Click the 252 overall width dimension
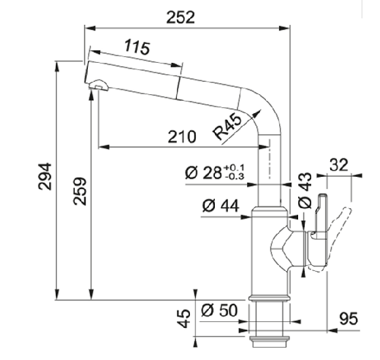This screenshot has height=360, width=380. point(181,18)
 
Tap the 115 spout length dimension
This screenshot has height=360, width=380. point(137,47)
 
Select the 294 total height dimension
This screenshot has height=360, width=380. point(45,177)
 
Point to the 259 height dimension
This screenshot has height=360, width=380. point(80,192)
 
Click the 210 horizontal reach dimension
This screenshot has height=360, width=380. point(181,137)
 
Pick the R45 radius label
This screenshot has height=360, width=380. point(227,126)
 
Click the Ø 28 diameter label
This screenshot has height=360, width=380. point(204,173)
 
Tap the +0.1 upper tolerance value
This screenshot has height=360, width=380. point(235,168)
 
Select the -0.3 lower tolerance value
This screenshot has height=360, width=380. point(235,177)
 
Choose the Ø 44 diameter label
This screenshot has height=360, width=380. point(221,206)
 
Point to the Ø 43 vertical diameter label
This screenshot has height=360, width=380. point(305,190)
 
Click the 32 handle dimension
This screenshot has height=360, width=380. point(339,165)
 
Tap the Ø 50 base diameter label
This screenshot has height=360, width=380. point(219,310)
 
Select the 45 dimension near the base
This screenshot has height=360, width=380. point(185,318)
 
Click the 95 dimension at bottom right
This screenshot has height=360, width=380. point(349,319)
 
